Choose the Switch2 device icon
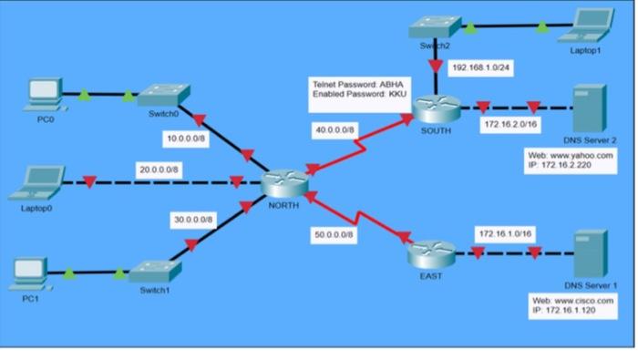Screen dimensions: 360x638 [x=433, y=29]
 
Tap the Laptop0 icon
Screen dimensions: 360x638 [x=37, y=182]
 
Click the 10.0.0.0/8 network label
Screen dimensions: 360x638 [x=187, y=138]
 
